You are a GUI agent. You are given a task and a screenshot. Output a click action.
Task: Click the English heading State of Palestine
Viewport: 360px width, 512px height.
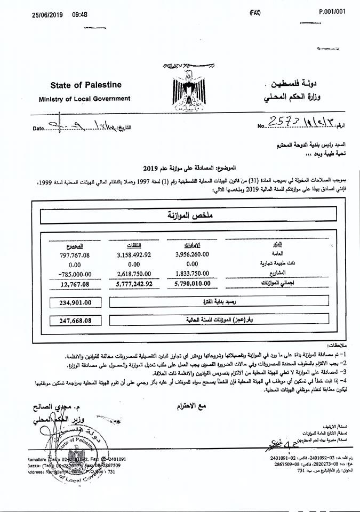(x=86, y=85)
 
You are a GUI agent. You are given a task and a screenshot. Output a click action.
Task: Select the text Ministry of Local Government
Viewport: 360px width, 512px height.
(x=84, y=99)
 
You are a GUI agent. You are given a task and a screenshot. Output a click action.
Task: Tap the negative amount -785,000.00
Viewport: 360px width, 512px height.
(x=71, y=273)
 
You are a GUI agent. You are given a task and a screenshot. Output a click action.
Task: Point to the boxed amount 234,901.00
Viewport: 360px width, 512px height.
(x=73, y=302)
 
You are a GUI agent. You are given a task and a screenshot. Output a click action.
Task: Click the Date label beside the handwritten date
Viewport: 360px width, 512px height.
(x=39, y=129)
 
